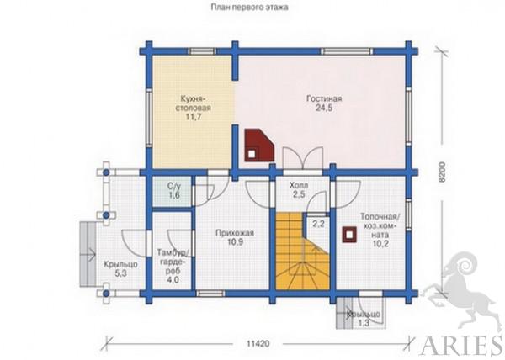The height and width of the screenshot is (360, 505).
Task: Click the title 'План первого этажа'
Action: tap(250, 7)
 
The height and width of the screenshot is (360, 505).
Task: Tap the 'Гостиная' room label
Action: tap(324, 98)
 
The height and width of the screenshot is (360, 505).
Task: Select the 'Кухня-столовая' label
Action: tap(194, 103)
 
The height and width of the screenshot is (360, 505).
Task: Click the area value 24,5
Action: tap(324, 109)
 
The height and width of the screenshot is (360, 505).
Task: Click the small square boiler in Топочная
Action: tap(349, 234)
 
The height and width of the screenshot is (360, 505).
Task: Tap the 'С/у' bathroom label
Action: tap(174, 186)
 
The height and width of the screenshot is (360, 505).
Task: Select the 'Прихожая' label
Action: tap(235, 233)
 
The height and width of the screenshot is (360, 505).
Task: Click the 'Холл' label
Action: tap(299, 185)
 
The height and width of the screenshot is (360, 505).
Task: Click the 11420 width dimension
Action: tap(258, 343)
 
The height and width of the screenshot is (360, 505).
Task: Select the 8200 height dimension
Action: tap(442, 172)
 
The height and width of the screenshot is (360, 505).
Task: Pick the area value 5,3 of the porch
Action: tap(120, 273)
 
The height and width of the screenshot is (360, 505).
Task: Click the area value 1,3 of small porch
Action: tap(364, 323)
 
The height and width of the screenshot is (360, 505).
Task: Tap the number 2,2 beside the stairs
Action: tap(318, 224)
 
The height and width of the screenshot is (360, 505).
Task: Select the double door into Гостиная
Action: tap(303, 158)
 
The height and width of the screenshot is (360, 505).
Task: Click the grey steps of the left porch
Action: tap(88, 254)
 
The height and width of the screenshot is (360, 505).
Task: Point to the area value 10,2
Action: tap(380, 244)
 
